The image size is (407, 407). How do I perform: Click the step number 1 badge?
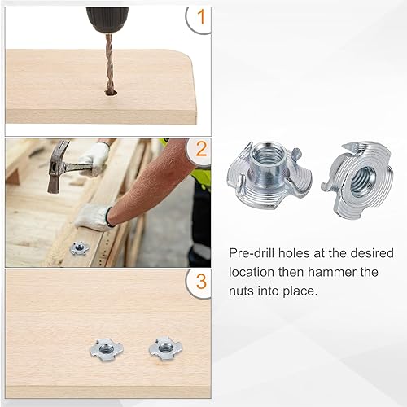coord(199,19)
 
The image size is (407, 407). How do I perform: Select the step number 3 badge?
coord(200,283)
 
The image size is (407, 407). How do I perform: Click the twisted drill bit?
coord(110,63)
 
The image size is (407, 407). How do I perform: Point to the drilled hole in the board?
coord(112,92)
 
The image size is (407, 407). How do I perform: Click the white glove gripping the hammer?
coord(92,157)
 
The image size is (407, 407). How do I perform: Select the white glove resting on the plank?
coord(94,217)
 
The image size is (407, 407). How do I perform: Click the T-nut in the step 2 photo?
coord(79,248)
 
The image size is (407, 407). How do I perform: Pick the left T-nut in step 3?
coord(106,350)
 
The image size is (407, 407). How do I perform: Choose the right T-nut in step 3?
coord(165,348)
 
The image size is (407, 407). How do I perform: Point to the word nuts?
coord(241,291)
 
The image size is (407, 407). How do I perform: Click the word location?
coord(252,272)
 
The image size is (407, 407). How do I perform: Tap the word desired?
coord(372,253)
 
